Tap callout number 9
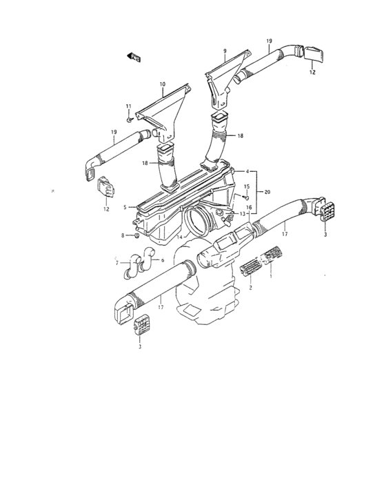(224, 52)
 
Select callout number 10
(163, 85)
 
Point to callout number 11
(128, 106)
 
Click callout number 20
(267, 192)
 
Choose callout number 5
(125, 207)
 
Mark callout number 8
(123, 235)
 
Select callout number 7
(118, 263)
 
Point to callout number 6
(162, 260)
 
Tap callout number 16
(247, 206)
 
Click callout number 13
(243, 214)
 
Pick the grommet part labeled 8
(136, 236)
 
